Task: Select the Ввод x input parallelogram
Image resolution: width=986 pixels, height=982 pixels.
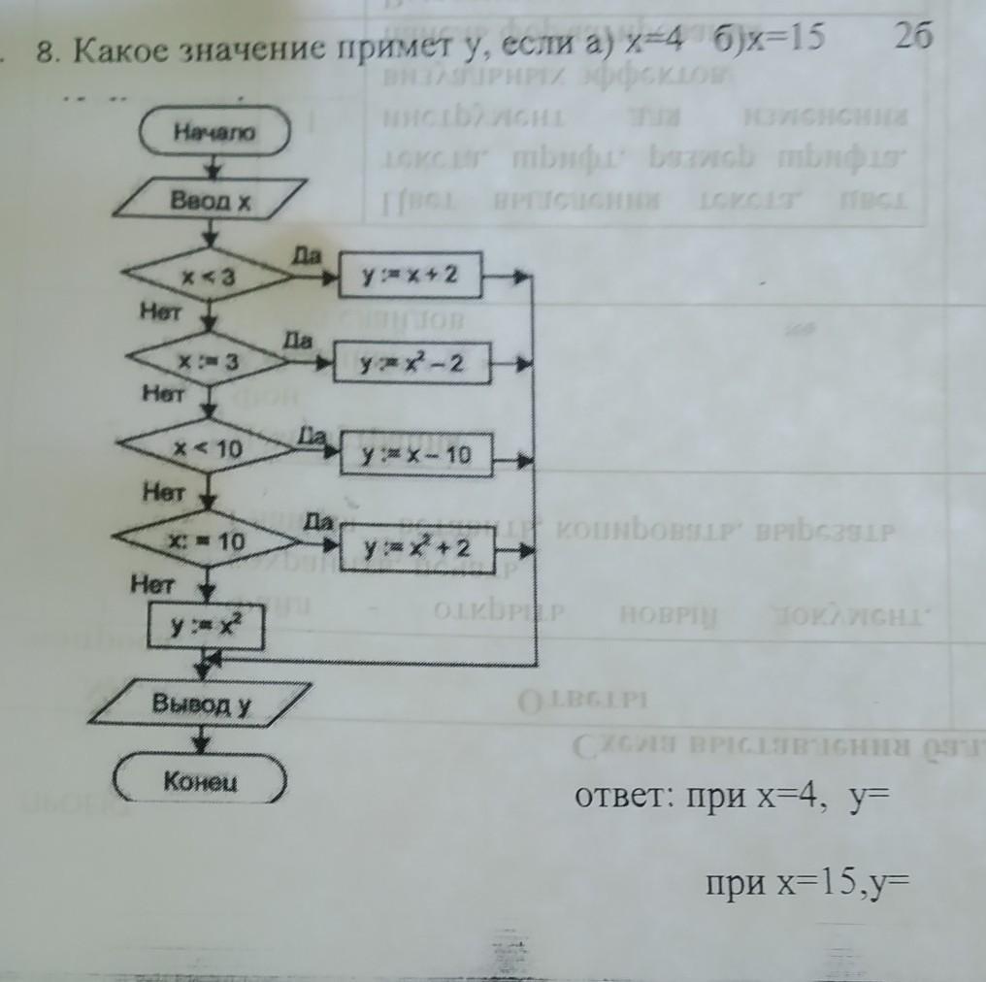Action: [211, 202]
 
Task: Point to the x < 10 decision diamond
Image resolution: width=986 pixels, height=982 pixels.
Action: [208, 450]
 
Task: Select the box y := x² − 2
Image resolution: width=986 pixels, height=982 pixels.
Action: [410, 366]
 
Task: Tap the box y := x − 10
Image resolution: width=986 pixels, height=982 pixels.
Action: [415, 454]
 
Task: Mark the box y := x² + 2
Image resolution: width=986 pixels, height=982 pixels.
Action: [416, 549]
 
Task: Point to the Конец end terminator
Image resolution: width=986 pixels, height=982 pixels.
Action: [201, 781]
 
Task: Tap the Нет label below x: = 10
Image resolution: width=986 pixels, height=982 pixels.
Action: [153, 584]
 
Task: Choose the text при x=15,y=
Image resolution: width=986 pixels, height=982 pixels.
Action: [811, 885]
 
